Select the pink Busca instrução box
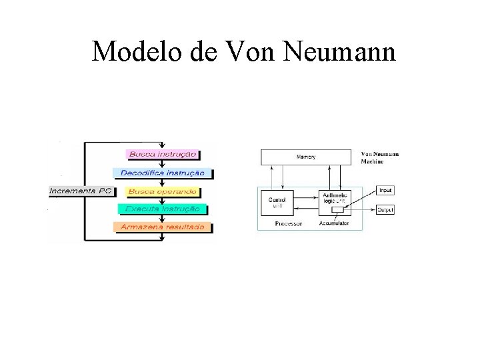(x=162, y=154)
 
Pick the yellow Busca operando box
(x=162, y=191)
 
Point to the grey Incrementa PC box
(x=81, y=191)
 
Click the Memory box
(x=306, y=157)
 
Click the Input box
(x=386, y=191)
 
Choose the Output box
(x=386, y=210)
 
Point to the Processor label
(x=287, y=225)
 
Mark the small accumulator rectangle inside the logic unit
(x=338, y=210)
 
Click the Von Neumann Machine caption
(x=381, y=157)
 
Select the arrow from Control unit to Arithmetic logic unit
(x=305, y=197)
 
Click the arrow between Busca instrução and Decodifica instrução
(x=162, y=163)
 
